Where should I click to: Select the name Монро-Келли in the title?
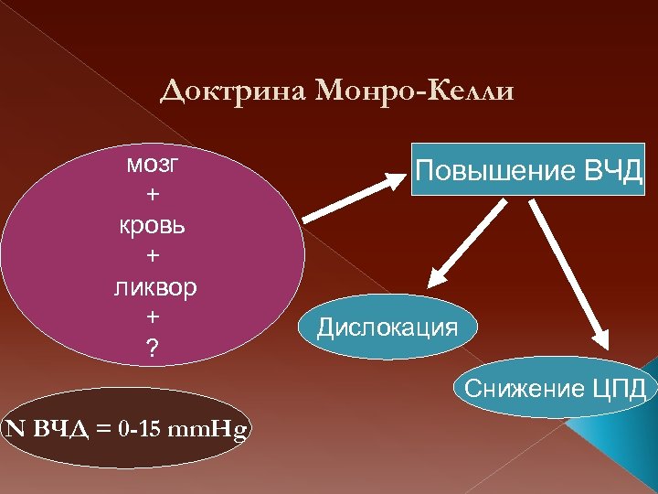(415, 91)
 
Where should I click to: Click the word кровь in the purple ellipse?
(153, 225)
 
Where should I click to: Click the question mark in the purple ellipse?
(153, 348)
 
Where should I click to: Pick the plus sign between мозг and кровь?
(153, 195)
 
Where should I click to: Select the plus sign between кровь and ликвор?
(153, 256)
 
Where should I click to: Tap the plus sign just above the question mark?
(153, 317)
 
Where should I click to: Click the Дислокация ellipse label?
(387, 327)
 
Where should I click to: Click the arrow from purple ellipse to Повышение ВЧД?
(356, 194)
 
